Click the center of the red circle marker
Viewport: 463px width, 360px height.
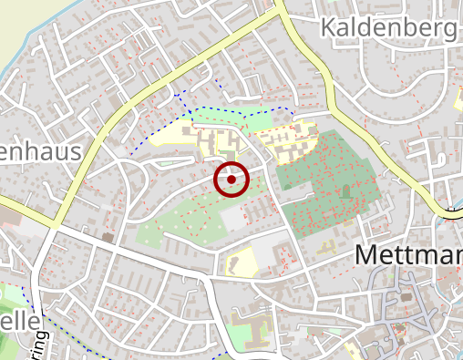231,180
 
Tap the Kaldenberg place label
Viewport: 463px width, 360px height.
388,28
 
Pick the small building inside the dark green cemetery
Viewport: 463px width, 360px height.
345,192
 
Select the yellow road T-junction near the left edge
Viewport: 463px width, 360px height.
56,221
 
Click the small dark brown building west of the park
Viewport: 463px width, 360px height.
108,238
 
